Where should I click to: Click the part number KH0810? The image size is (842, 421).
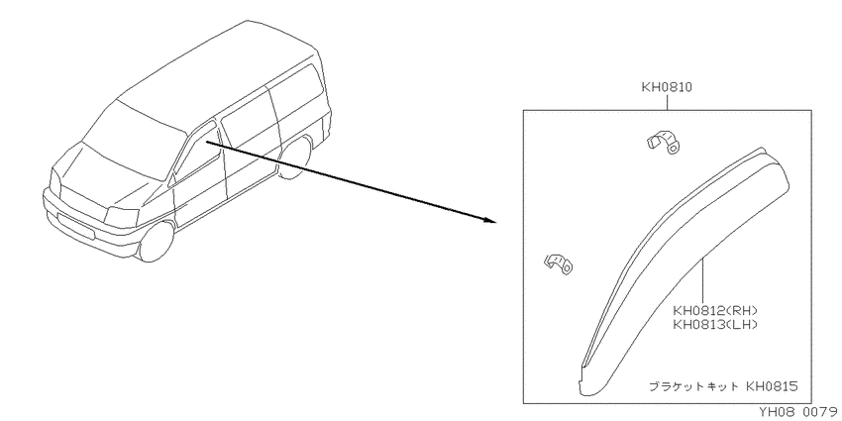pyautogui.click(x=667, y=87)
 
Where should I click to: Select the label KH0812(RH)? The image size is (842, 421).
pyautogui.click(x=715, y=311)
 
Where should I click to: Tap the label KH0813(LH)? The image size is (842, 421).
pyautogui.click(x=715, y=324)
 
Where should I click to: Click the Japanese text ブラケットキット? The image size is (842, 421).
pyautogui.click(x=692, y=386)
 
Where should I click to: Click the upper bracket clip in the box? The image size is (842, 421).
pyautogui.click(x=662, y=142)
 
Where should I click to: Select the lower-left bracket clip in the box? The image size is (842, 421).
pyautogui.click(x=559, y=263)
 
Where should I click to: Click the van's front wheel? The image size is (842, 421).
pyautogui.click(x=157, y=242)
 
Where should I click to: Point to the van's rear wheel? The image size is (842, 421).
pyautogui.click(x=296, y=157)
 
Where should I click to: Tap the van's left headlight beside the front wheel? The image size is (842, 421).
pyautogui.click(x=122, y=216)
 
